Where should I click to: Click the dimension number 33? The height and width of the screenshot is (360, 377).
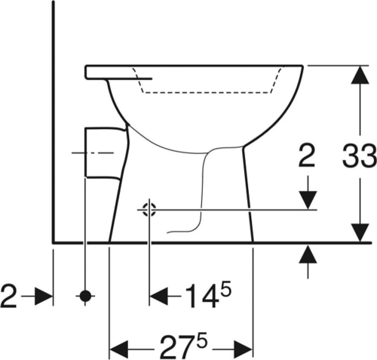360,156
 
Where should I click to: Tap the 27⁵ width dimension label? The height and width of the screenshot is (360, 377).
184,346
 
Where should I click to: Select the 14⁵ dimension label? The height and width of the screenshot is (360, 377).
208,295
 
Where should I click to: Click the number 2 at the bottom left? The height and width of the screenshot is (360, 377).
9,296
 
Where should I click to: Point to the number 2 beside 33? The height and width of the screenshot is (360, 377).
307,156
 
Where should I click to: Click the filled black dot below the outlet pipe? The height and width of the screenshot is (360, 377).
85,296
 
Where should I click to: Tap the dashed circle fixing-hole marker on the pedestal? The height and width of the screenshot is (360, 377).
149,210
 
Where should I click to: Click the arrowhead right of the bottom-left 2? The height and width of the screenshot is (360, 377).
44,296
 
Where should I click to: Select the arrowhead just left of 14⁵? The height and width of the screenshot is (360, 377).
158,296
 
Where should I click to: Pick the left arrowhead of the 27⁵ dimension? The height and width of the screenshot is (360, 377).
119,349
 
